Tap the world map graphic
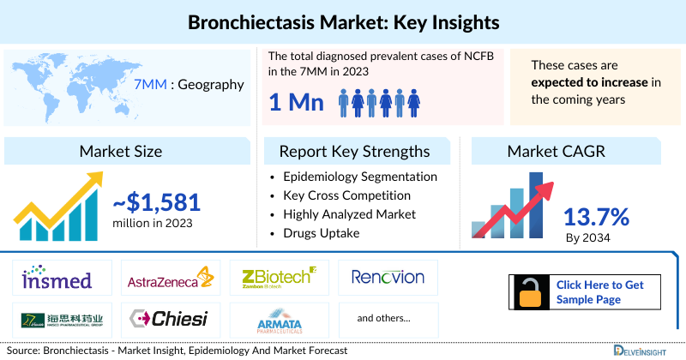pyautogui.click(x=65, y=85)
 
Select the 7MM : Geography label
pyautogui.click(x=189, y=85)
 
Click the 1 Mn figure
pyautogui.click(x=296, y=104)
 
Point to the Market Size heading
pyautogui.click(x=120, y=152)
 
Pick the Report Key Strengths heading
pyautogui.click(x=354, y=152)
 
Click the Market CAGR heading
pyautogui.click(x=556, y=152)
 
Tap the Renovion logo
pyautogui.click(x=388, y=278)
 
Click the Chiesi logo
pyautogui.click(x=169, y=319)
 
